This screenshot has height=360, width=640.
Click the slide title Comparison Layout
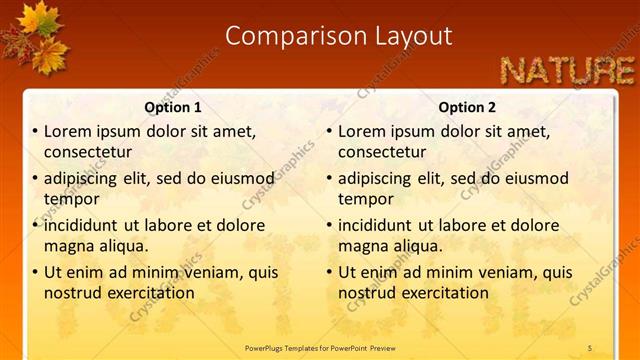338,36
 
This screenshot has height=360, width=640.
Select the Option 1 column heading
173,107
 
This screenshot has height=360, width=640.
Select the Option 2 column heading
467,107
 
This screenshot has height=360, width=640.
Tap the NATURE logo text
567,70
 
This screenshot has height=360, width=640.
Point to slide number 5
590,347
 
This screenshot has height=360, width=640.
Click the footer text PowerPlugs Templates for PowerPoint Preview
320,347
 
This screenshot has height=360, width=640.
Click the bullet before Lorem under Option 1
35,131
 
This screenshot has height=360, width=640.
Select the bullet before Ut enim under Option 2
329,272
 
